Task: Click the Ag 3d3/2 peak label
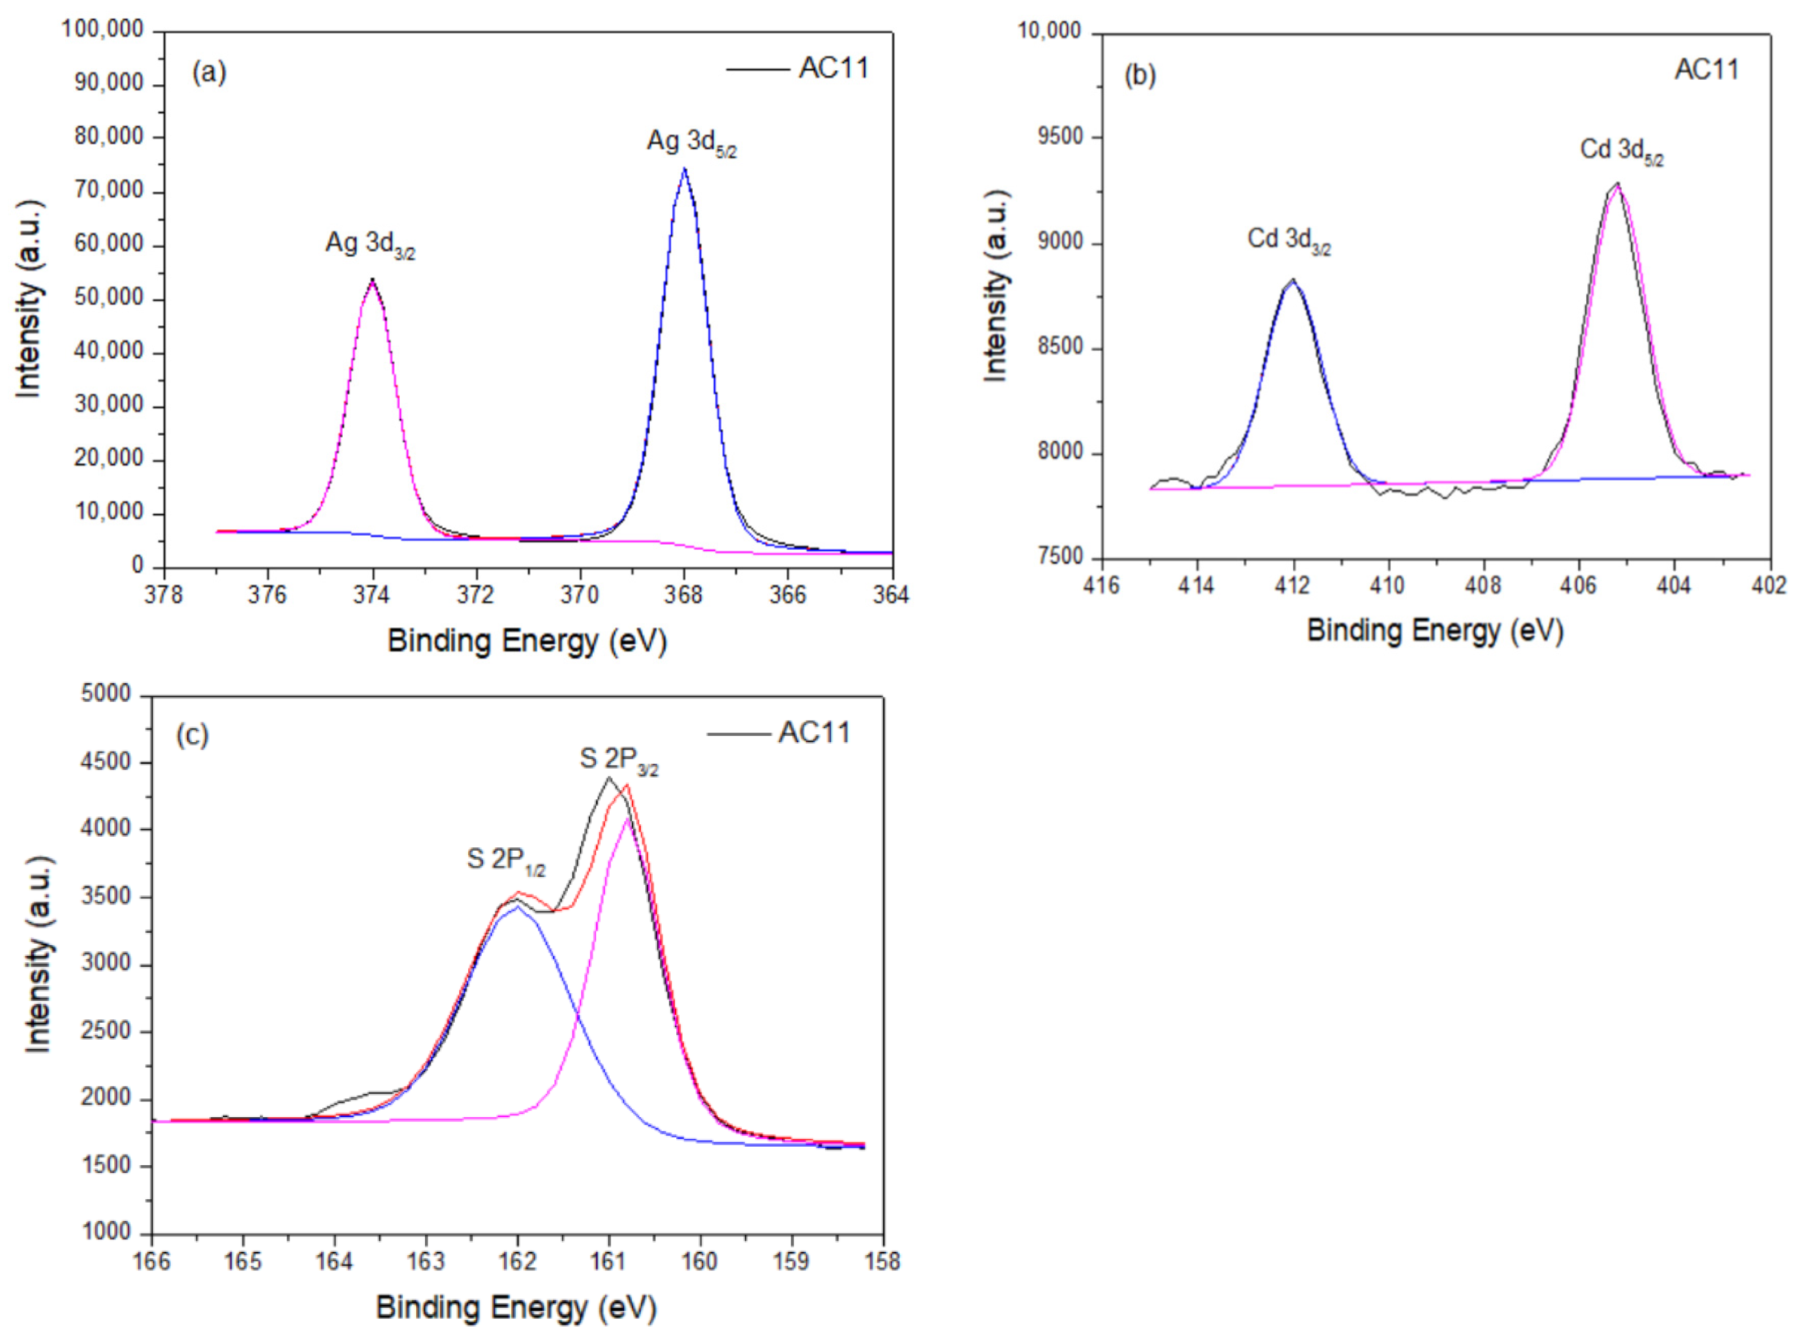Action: pos(370,243)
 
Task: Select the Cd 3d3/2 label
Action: pos(1289,240)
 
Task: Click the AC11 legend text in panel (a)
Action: pos(833,68)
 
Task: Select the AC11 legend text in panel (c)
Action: pos(813,733)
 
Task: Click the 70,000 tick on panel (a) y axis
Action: pos(108,192)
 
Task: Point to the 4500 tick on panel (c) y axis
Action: pos(106,763)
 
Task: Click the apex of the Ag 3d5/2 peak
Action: pos(684,169)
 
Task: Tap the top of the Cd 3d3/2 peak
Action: pos(1292,280)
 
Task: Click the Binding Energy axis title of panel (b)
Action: pos(1435,631)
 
